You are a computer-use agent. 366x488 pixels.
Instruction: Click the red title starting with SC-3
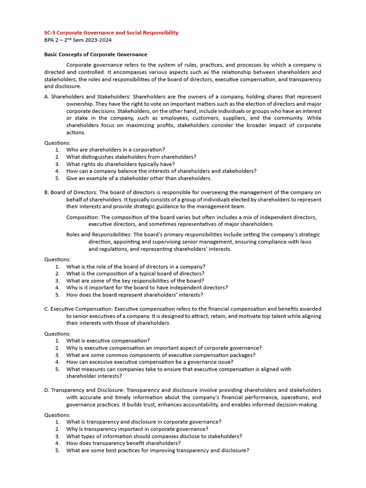[x=112, y=32]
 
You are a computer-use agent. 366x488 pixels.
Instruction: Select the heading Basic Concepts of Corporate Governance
[x=96, y=54]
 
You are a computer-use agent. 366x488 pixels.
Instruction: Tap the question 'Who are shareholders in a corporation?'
[x=116, y=150]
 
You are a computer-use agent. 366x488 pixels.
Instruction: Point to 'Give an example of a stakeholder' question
[x=139, y=178]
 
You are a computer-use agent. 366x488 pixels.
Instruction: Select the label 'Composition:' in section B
[x=82, y=217]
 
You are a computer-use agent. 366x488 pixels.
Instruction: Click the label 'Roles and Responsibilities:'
[x=99, y=234]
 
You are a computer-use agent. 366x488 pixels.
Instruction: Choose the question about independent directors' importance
[x=147, y=287]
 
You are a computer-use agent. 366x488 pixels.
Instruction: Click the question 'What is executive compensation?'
[x=108, y=341]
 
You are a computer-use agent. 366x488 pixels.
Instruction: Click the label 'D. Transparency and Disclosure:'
[x=84, y=390]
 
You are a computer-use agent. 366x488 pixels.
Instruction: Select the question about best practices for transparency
[x=158, y=450]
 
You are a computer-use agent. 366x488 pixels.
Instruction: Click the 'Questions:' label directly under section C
[x=57, y=334]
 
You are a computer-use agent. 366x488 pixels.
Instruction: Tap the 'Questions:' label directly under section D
[x=57, y=415]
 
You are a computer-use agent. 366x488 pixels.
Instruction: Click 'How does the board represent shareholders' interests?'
[x=135, y=295]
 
